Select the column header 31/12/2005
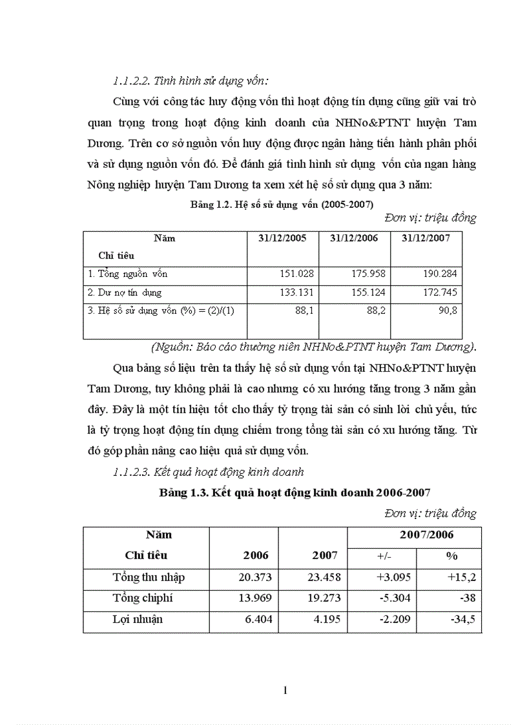point(283,238)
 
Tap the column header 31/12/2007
point(426,238)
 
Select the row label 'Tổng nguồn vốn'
point(127,274)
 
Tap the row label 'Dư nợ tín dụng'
point(125,292)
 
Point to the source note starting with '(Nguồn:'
point(313,347)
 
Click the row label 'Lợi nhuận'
point(137,619)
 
